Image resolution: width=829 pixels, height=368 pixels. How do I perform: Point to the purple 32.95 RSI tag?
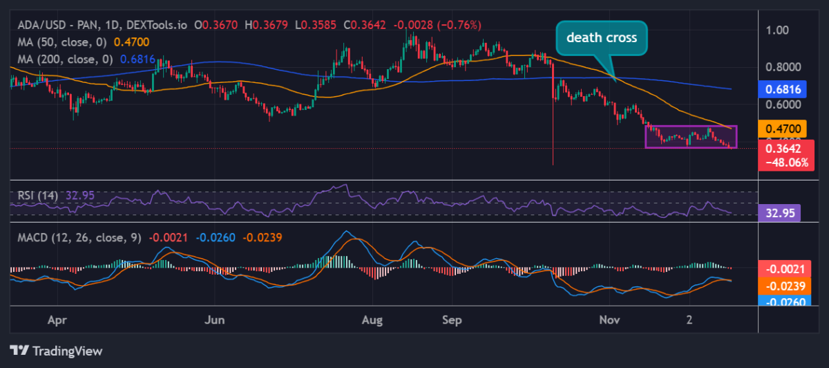(x=779, y=214)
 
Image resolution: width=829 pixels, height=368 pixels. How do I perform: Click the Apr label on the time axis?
(x=59, y=321)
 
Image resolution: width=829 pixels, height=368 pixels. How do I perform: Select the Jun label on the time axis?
(x=216, y=321)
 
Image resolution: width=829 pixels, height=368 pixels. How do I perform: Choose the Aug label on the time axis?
(x=373, y=321)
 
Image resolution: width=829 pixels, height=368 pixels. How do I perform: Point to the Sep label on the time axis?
(x=452, y=321)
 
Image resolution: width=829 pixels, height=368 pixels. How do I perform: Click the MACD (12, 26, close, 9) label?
(x=79, y=237)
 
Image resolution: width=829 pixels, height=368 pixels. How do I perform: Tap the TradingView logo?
(x=57, y=351)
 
